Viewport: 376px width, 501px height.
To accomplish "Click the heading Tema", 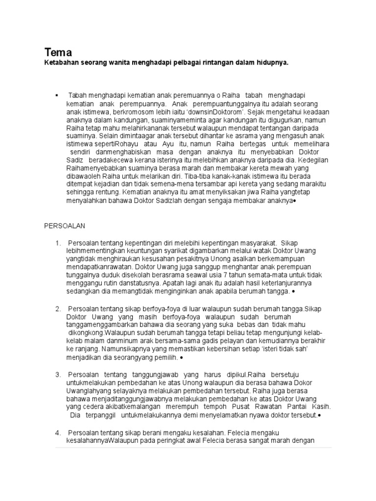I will pos(58,52).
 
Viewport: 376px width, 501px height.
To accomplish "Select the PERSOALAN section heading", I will pos(65,226).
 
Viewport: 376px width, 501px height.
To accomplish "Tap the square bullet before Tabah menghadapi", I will pos(57,94).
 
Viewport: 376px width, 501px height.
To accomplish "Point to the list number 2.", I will pos(58,309).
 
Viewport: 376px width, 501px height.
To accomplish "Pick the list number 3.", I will pos(58,374).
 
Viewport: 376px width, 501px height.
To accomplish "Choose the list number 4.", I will pos(58,432).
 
